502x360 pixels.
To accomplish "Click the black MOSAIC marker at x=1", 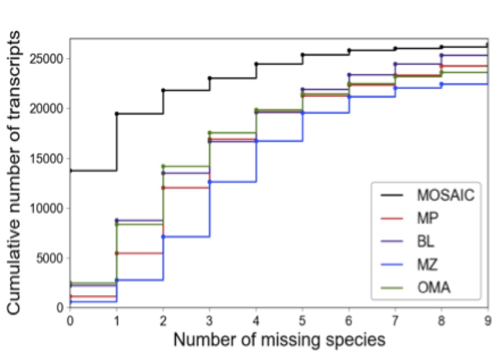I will pyautogui.click(x=117, y=114).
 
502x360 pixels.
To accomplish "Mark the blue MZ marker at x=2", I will pyautogui.click(x=163, y=237).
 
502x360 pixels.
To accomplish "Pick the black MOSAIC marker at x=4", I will pyautogui.click(x=256, y=64).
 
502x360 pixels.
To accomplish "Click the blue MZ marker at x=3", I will pyautogui.click(x=209, y=182).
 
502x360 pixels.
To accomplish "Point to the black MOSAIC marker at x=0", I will pyautogui.click(x=70, y=170).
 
